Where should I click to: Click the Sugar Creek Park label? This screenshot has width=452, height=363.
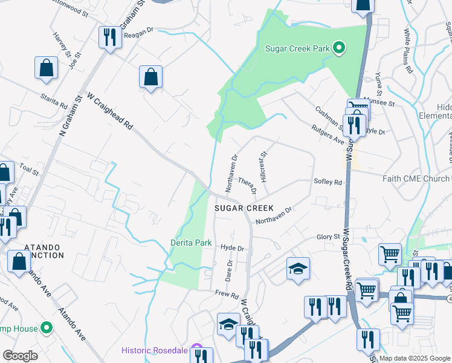299,48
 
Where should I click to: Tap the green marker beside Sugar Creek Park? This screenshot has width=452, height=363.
339,48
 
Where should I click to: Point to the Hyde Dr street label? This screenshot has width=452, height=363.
232,248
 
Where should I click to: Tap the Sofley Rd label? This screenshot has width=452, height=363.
328,182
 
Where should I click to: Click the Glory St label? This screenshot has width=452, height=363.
329,237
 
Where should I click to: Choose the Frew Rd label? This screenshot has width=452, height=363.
227,294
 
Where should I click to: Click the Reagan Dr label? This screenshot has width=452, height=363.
139,36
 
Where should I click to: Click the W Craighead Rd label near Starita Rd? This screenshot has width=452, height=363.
109,111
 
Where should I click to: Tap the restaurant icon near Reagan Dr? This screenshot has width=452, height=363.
109,38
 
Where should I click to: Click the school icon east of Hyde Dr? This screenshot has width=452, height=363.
297,268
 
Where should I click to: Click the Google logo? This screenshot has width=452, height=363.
21,356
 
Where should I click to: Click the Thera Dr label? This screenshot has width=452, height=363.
248,186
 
